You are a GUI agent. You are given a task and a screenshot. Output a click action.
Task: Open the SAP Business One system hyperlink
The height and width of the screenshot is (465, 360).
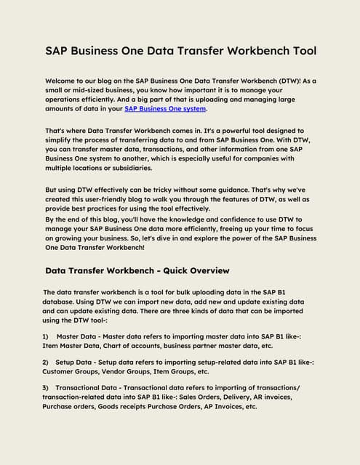[165, 108]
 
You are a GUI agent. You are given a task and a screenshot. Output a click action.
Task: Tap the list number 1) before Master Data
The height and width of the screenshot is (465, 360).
[46, 336]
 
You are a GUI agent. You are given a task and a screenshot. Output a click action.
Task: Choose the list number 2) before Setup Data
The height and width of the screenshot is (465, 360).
[46, 361]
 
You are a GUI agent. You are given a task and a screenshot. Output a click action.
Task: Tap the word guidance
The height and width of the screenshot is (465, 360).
[243, 189]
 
